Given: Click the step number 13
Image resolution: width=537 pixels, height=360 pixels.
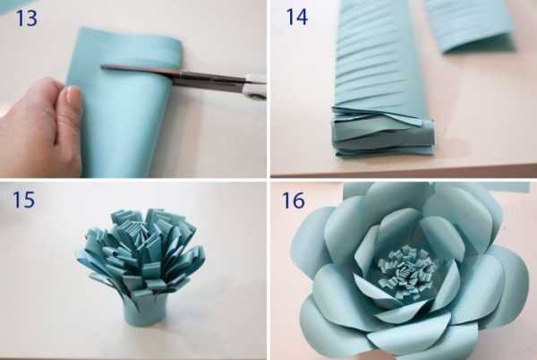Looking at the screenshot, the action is pos(26,19).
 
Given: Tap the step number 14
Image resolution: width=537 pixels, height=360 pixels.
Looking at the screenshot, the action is pos(297,17).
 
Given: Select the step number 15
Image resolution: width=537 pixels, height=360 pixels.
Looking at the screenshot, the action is pos(23,200).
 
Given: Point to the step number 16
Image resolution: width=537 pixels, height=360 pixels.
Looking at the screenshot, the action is pos(294,201).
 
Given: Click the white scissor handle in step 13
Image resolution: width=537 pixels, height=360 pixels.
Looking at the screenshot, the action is pos(255,88).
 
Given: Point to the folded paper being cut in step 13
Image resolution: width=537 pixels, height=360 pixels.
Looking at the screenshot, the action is pos(125,103).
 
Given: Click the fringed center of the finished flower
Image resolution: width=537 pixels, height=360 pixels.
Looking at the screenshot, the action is pos(406,270).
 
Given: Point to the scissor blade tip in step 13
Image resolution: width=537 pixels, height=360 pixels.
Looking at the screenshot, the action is pos(102,67).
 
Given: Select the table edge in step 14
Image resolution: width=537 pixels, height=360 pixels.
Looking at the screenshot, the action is pos(405,171).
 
